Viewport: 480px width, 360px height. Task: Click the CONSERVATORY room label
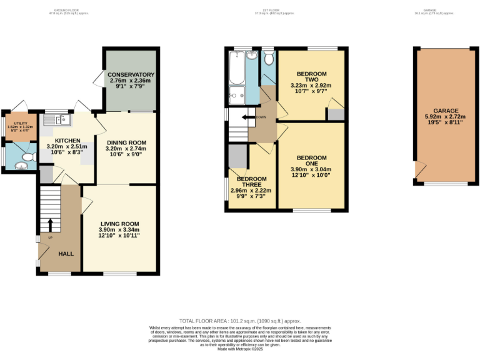click(x=131, y=75)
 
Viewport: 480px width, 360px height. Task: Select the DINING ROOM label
click(x=126, y=142)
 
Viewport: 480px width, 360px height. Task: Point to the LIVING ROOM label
click(x=119, y=224)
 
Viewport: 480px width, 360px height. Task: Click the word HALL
click(x=66, y=254)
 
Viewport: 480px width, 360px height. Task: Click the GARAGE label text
click(x=442, y=111)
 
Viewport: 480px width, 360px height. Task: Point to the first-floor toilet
click(x=269, y=59)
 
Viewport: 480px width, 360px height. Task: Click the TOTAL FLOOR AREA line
click(x=239, y=320)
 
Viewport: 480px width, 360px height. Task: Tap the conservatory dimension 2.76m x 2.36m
click(x=131, y=81)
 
